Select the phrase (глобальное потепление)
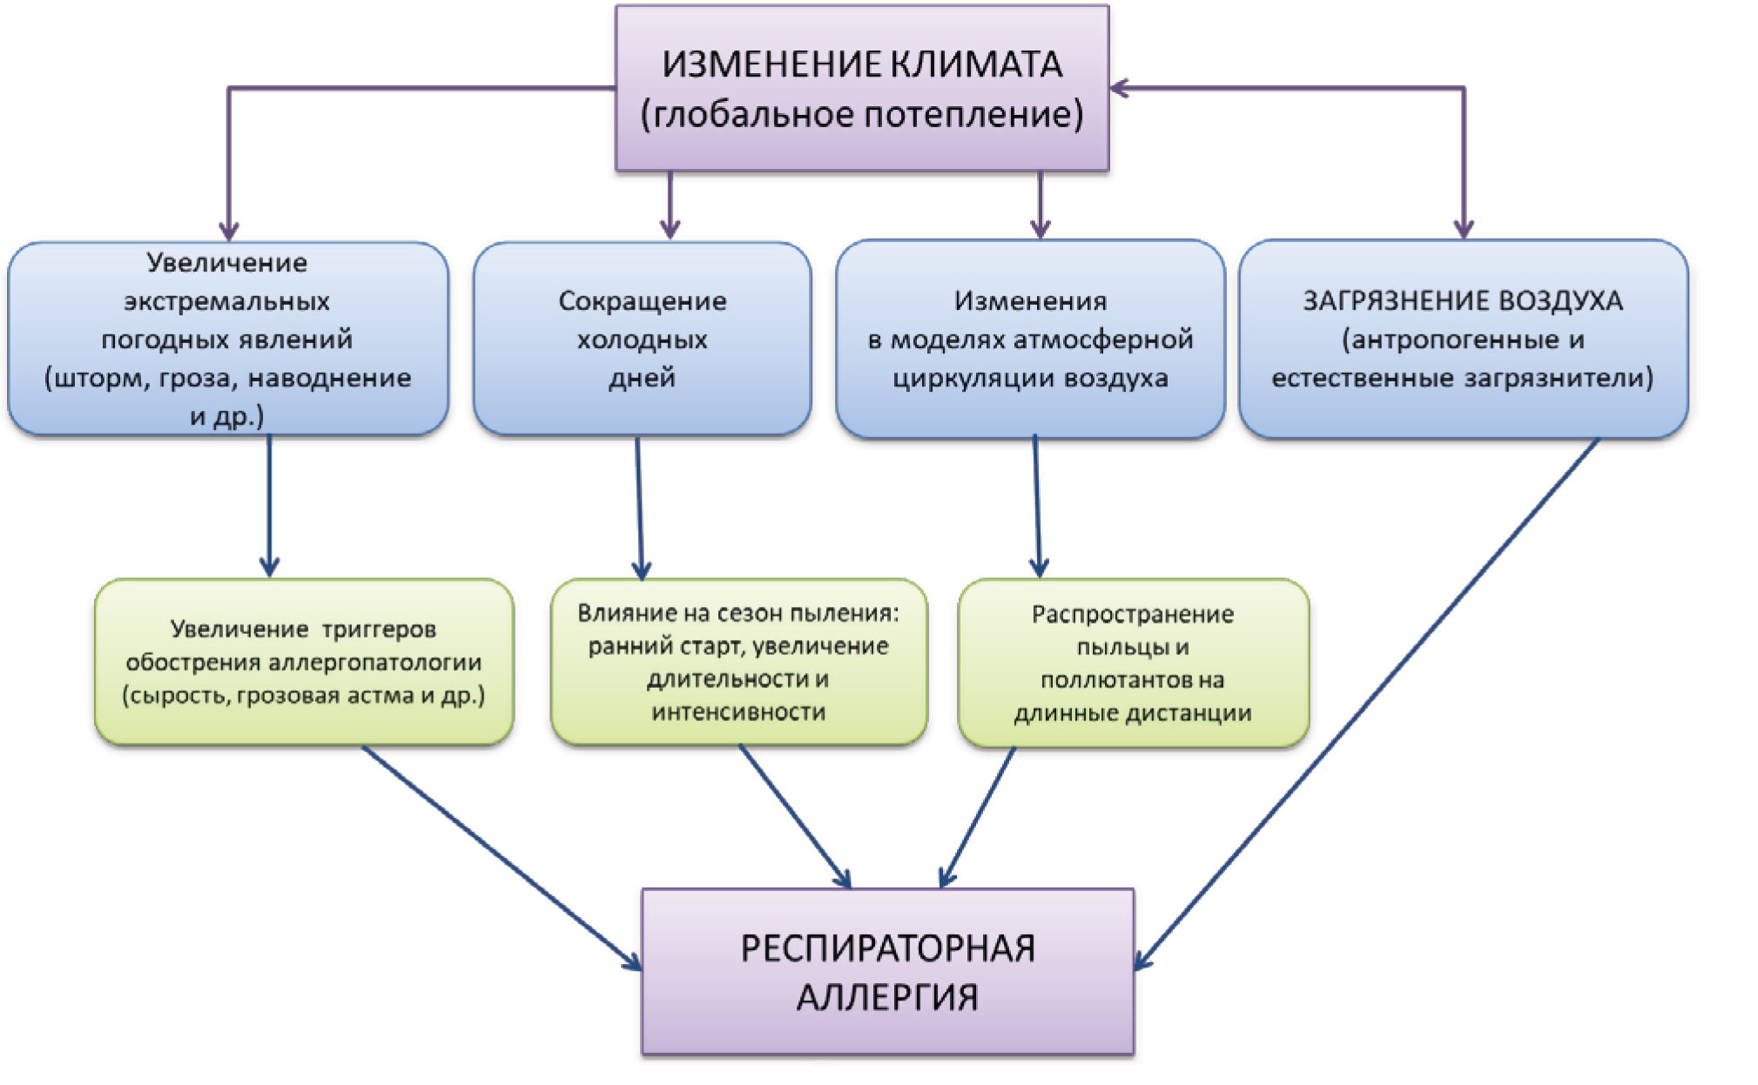pos(862,115)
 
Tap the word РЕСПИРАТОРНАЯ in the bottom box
pos(887,948)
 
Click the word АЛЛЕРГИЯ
pos(887,997)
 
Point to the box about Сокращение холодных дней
pos(642,339)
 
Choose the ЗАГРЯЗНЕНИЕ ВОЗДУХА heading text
pos(1462,301)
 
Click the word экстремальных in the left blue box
pos(226,302)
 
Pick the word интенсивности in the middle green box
pos(738,712)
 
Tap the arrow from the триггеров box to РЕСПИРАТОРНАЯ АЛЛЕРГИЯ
pos(501,853)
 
